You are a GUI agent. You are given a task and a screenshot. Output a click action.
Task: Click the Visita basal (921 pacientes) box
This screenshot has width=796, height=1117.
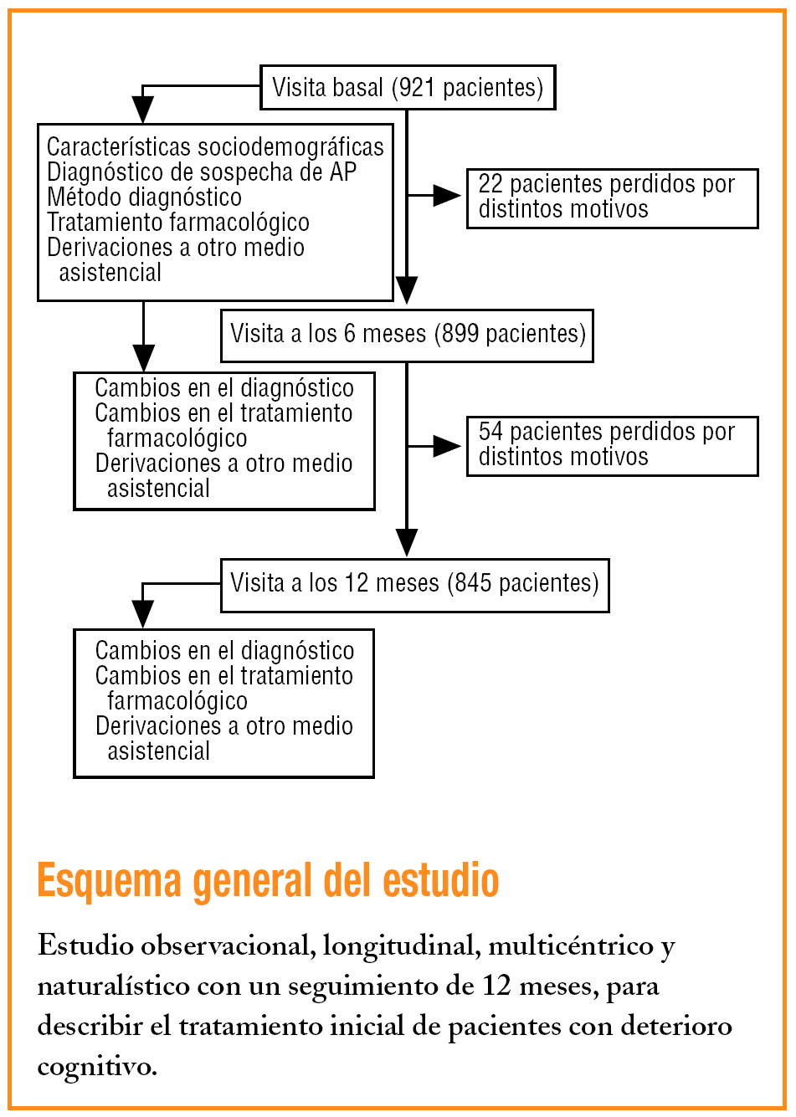[408, 87]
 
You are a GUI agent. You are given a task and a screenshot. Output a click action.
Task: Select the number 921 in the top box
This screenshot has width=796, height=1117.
[416, 87]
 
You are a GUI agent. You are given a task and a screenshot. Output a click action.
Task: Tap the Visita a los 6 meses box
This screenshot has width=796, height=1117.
[407, 335]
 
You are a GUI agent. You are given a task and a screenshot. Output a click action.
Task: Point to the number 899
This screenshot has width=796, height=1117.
[460, 334]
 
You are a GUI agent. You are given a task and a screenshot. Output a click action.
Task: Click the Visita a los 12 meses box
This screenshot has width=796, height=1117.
[414, 584]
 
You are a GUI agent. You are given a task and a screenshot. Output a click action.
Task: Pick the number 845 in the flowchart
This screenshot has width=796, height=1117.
[473, 583]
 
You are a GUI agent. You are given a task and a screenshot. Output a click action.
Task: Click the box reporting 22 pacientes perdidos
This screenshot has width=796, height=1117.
[612, 197]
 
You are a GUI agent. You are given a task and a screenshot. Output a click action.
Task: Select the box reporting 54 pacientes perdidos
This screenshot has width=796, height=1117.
[612, 445]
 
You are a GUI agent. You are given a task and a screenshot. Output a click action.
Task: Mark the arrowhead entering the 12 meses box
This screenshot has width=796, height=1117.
[407, 543]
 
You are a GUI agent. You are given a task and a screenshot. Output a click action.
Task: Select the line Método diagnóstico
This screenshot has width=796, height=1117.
[144, 197]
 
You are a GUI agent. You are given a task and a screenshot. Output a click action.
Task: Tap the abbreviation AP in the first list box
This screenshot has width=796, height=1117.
[343, 172]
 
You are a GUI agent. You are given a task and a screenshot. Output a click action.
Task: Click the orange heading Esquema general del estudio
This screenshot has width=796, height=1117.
[268, 881]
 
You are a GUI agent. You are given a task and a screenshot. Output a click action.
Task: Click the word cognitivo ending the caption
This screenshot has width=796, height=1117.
[96, 1067]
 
